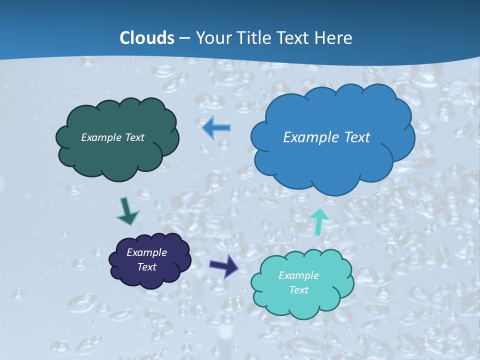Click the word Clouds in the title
pyautogui.click(x=147, y=37)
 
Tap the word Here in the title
pyautogui.click(x=334, y=37)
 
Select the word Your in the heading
pyautogui.click(x=213, y=38)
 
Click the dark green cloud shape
pyautogui.click(x=117, y=155)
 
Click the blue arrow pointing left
pyautogui.click(x=216, y=128)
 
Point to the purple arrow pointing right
pyautogui.click(x=224, y=265)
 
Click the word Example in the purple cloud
pyautogui.click(x=146, y=252)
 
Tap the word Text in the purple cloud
pyautogui.click(x=146, y=267)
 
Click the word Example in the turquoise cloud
pyautogui.click(x=298, y=275)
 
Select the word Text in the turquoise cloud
pyautogui.click(x=298, y=290)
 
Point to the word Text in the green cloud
pyautogui.click(x=134, y=137)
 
